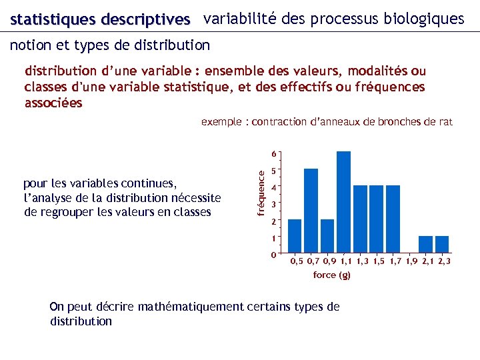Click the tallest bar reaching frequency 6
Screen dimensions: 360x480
click(343, 203)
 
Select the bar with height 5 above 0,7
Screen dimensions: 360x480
click(311, 211)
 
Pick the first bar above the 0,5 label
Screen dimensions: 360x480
click(295, 237)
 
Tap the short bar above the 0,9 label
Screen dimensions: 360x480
click(327, 237)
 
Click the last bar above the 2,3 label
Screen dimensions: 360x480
click(442, 245)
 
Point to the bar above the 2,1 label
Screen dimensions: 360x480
click(425, 245)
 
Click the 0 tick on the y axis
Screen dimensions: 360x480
click(274, 255)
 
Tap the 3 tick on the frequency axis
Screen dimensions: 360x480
click(274, 204)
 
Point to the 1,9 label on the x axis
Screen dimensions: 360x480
click(414, 262)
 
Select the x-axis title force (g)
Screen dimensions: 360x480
click(331, 275)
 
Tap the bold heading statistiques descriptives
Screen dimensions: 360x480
click(100, 20)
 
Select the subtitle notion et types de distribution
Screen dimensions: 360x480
click(110, 45)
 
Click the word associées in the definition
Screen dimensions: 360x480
click(53, 103)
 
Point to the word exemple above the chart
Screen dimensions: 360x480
click(221, 121)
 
